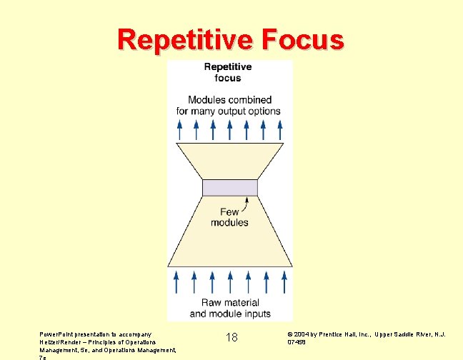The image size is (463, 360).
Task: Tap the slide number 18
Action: (231, 337)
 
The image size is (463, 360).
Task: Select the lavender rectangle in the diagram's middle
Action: (229, 188)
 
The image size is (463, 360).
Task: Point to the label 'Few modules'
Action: (229, 217)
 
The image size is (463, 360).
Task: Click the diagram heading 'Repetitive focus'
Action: (228, 72)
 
